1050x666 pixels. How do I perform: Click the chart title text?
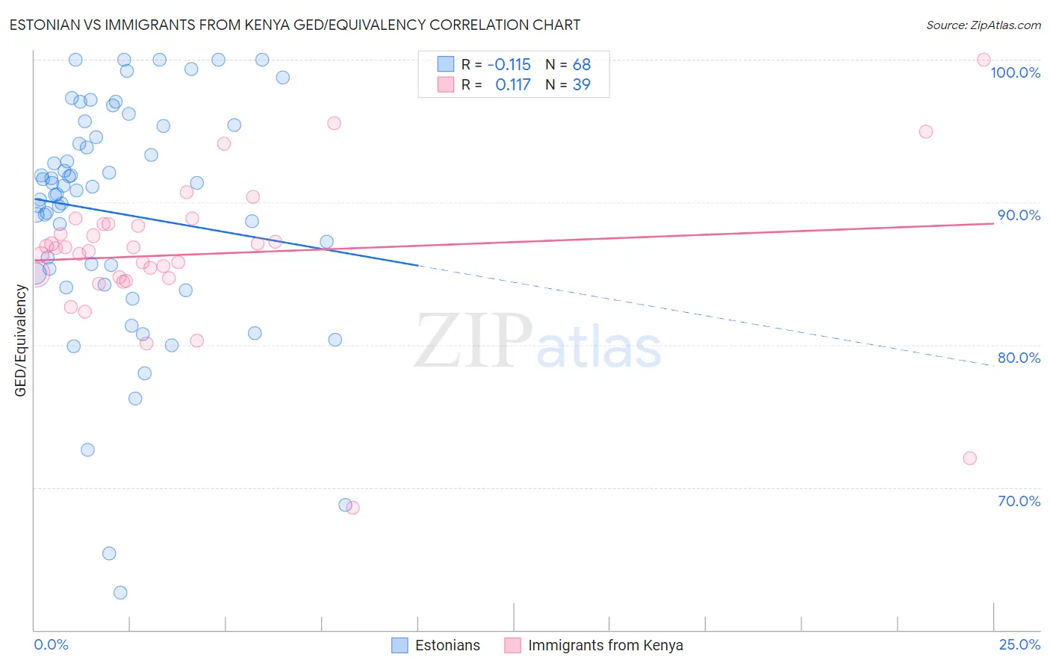[x=294, y=25]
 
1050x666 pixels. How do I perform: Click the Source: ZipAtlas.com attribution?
[x=983, y=25]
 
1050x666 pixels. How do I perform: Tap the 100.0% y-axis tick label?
[x=1015, y=72]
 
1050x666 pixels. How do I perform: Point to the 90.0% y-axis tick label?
[x=1019, y=215]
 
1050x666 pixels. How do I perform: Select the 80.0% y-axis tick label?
[x=1019, y=358]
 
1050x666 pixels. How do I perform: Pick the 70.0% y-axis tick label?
[x=1019, y=501]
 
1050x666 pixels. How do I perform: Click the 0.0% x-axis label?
[x=51, y=644]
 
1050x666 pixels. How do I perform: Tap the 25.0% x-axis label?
[x=1019, y=644]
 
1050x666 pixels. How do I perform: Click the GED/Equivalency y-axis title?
[x=21, y=340]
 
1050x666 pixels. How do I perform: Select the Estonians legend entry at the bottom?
[x=437, y=645]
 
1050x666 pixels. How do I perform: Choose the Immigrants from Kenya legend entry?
[x=594, y=645]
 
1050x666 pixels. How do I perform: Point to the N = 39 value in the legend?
[x=568, y=85]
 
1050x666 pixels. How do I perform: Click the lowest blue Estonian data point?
[x=120, y=593]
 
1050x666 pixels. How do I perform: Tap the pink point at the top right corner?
[x=984, y=60]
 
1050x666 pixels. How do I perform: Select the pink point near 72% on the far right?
[x=969, y=458]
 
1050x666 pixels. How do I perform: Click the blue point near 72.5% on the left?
[x=87, y=449]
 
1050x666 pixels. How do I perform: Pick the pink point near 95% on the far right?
[x=925, y=131]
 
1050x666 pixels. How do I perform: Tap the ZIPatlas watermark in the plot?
[x=538, y=342]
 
